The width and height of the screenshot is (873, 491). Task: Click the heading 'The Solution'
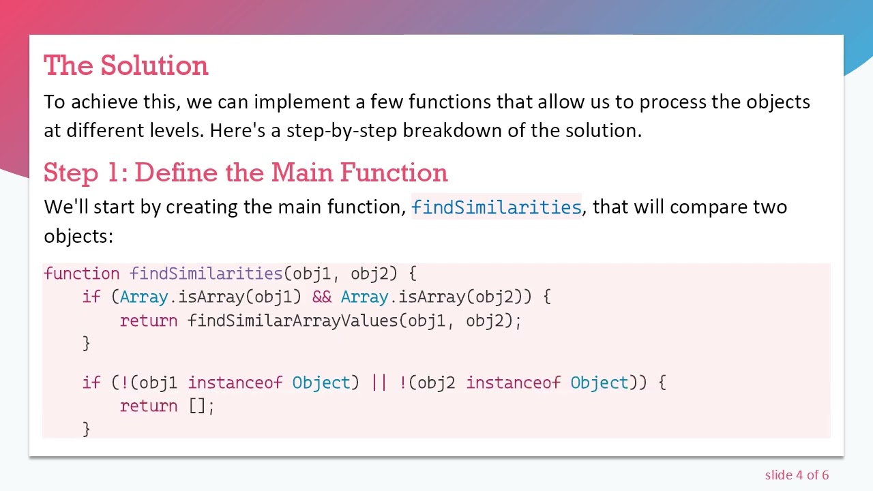[x=125, y=65]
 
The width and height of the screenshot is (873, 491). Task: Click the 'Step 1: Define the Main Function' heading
[x=246, y=173]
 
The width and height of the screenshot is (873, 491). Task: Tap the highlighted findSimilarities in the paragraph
[x=496, y=207]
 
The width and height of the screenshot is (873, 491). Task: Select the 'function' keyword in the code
[x=81, y=273]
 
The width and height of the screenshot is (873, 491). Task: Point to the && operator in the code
[x=321, y=297]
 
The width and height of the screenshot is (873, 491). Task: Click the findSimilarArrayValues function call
[x=293, y=321]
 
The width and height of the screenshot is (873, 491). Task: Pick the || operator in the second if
[x=379, y=383]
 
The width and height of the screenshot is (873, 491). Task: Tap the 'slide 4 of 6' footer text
[x=797, y=475]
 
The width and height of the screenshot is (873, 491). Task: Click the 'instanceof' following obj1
[x=235, y=383]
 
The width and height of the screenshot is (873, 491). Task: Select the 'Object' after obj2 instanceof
[x=598, y=383]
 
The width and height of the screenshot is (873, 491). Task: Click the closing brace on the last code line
[x=86, y=428]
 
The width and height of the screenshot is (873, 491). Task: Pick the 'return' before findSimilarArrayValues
[x=148, y=321]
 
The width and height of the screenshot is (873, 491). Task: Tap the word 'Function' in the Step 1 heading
[x=394, y=173]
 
